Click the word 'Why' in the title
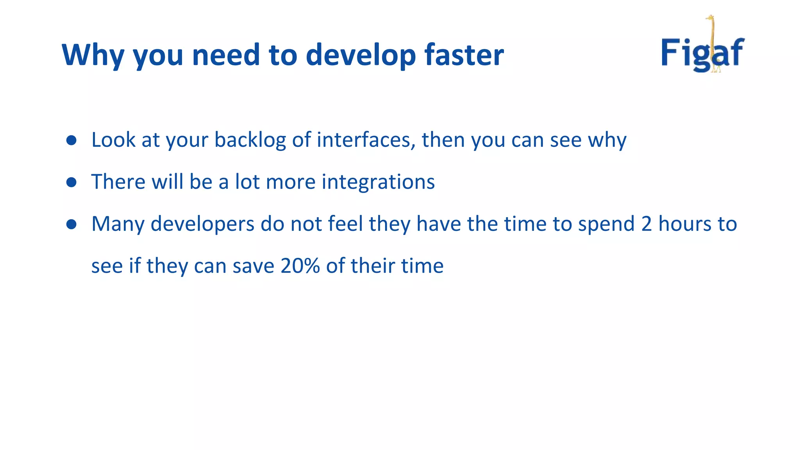coord(93,55)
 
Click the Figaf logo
coord(702,51)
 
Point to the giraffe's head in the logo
coord(710,18)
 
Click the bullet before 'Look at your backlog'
coord(71,140)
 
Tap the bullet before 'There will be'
coord(71,182)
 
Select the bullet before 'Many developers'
coord(71,224)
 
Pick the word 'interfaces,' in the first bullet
coord(366,140)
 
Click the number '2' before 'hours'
coord(646,224)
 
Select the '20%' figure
coord(300,266)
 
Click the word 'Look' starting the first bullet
coord(113,140)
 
